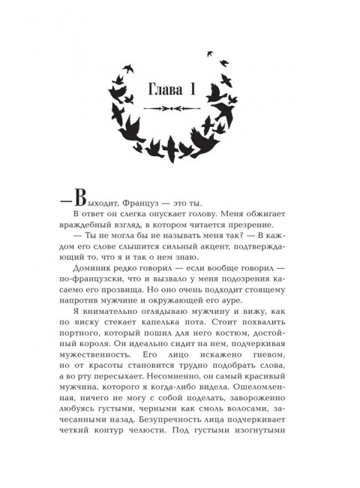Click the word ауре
235,330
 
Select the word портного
93,374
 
